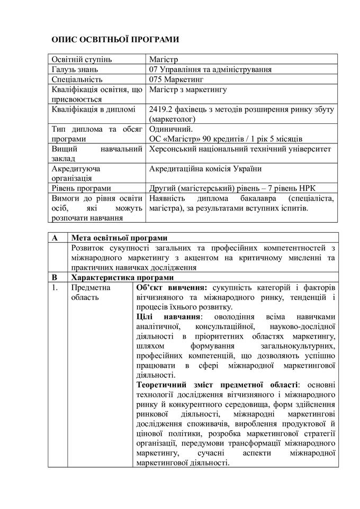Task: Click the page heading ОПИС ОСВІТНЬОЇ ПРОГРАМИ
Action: point(115,40)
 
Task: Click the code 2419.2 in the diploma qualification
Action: point(162,110)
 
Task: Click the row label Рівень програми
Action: point(82,188)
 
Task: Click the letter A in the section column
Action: point(55,238)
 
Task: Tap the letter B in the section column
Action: point(55,277)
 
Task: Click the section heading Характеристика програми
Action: point(122,277)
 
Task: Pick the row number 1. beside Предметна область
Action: point(55,287)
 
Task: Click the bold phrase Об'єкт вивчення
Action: point(171,287)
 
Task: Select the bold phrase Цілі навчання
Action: point(168,316)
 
